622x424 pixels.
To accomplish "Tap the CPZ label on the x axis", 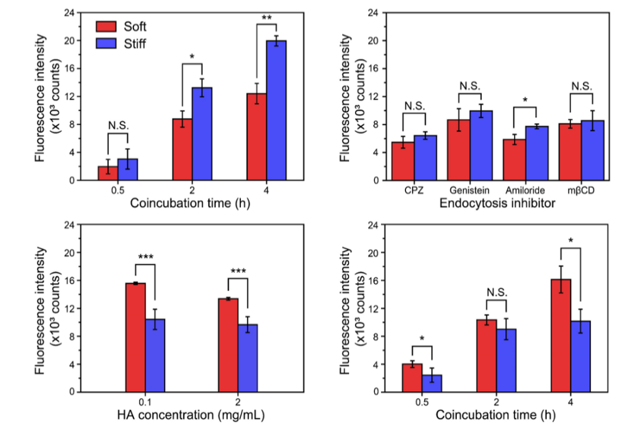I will point(413,190).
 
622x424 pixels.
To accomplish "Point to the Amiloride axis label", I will point(525,190).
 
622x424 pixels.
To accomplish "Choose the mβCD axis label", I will point(582,190).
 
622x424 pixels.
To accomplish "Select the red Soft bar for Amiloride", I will point(515,160).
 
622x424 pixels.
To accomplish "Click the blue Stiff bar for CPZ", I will point(425,158).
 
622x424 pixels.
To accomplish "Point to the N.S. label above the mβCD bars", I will point(582,87).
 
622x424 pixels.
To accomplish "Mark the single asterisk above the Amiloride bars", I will point(526,100).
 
